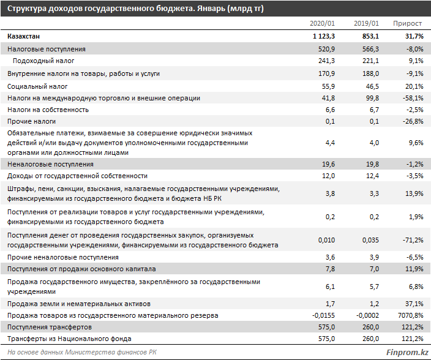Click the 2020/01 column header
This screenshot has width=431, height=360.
coord(322,23)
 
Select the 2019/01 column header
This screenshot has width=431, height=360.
coord(366,23)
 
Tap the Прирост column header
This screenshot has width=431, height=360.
coord(407,24)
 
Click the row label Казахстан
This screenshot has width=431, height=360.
coord(24,36)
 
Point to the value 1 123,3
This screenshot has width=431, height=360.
coord(324,36)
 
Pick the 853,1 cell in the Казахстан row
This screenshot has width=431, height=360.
coord(370,36)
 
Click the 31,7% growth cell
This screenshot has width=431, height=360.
coord(414,36)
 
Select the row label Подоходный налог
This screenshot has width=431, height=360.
coord(43,61)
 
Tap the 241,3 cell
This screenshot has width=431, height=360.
coord(326,61)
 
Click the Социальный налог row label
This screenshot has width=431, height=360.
coord(37,86)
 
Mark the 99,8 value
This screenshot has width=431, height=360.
coord(372,98)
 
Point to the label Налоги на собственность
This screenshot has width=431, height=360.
coord(48,110)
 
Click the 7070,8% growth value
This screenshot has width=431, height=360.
coord(411,315)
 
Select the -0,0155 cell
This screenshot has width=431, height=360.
coord(323,315)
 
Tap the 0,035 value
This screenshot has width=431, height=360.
coord(370,240)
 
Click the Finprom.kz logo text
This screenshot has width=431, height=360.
coord(407,352)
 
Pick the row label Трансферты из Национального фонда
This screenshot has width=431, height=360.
coord(69,339)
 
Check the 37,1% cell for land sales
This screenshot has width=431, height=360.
coord(414,304)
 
